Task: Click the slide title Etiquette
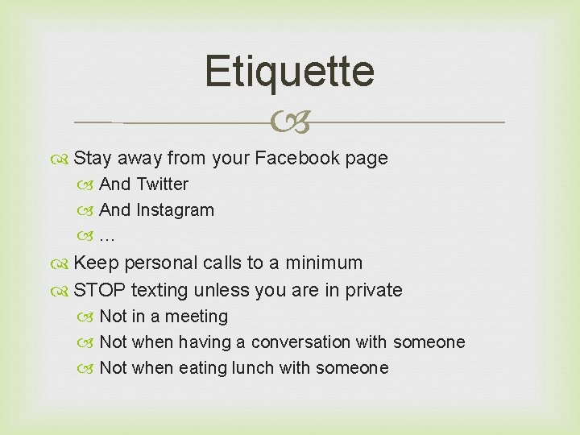289,71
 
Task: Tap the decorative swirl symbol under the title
289,122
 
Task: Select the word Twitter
162,184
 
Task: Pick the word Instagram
175,210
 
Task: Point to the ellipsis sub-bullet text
107,237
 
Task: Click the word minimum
322,263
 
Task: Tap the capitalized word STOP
99,290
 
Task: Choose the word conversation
301,342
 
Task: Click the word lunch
252,368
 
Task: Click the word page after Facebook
367,159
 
